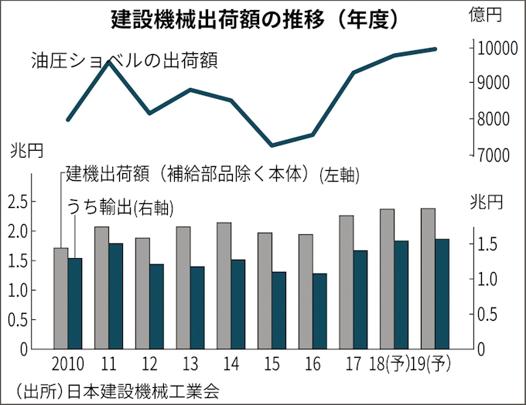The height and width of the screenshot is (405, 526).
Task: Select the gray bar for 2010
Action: point(60,298)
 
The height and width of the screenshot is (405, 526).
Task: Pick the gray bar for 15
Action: point(265,291)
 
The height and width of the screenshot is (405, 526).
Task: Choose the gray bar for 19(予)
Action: point(427,278)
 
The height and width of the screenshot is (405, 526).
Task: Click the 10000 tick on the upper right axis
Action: point(493,48)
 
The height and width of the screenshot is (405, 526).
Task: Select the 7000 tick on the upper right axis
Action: point(493,155)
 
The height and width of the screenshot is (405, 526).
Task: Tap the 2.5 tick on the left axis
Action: point(19,202)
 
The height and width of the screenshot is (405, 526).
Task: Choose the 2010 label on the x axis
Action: point(68,362)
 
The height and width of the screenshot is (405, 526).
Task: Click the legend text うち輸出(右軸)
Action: point(119,207)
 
